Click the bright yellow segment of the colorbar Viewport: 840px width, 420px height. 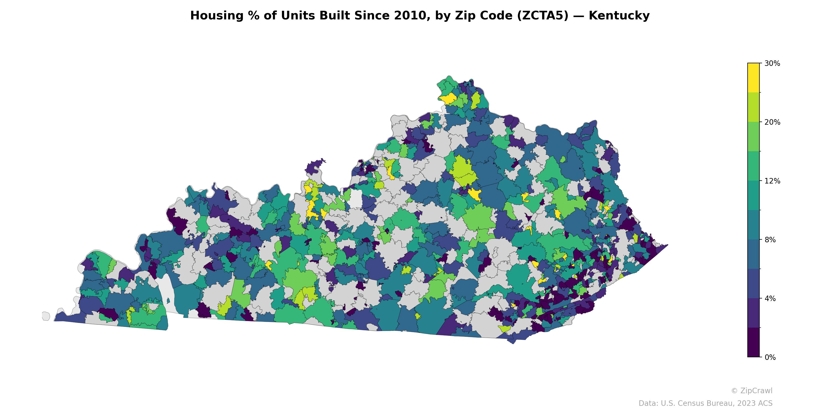[753, 78]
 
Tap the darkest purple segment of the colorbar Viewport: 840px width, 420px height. [753, 342]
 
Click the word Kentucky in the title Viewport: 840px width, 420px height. [619, 16]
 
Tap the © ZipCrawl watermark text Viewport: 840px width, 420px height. [751, 391]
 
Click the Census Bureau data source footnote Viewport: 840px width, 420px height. [705, 403]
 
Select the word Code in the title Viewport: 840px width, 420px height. [492, 16]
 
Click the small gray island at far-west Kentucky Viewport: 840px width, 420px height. [46, 316]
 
